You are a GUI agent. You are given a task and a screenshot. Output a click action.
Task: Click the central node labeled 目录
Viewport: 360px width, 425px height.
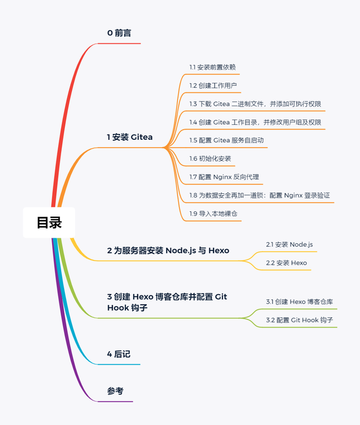49,223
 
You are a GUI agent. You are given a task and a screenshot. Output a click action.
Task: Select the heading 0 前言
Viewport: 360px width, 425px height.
120,33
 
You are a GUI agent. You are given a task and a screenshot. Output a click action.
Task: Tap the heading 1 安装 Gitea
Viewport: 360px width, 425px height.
130,137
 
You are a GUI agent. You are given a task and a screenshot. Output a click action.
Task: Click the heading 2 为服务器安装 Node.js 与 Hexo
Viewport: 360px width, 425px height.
168,250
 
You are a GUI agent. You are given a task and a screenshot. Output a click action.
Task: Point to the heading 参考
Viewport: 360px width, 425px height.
116,391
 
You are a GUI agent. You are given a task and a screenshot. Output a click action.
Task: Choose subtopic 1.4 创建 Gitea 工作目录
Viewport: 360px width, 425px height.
255,122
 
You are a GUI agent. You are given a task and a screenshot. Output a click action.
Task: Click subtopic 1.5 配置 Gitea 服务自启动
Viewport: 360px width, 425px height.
227,140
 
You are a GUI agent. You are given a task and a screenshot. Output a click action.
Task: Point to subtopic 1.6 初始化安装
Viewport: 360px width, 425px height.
210,158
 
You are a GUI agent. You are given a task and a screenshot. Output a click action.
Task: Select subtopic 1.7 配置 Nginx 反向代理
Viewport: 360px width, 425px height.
224,177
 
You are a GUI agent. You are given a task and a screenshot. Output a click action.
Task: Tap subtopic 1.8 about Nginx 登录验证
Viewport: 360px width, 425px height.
260,195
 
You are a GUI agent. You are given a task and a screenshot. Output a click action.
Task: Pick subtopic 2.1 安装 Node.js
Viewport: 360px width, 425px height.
289,244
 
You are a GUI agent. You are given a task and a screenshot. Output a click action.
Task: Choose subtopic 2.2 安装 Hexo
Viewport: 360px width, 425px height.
286,263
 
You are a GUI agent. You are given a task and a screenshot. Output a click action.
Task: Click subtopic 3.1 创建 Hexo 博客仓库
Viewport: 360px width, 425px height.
299,301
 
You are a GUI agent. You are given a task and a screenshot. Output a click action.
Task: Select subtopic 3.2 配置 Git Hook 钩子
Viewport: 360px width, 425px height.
299,320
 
